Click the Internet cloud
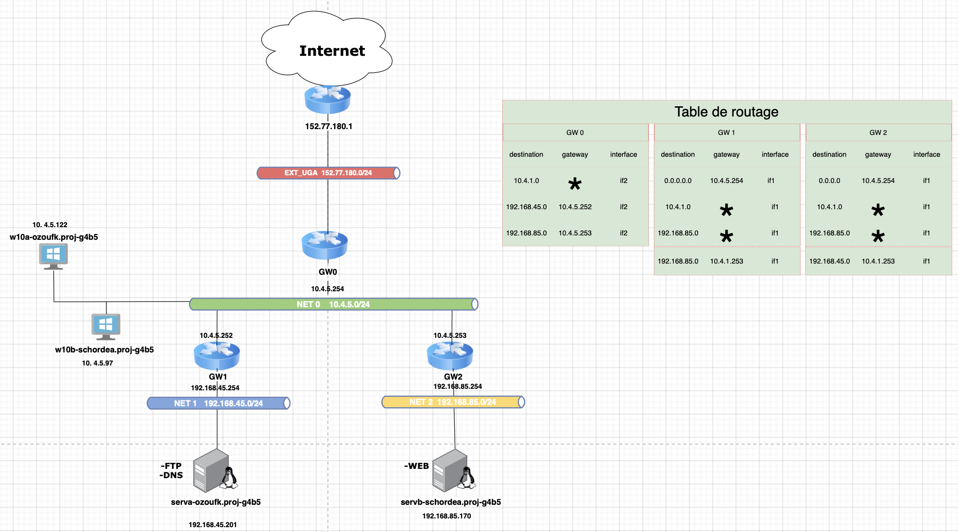click(327, 49)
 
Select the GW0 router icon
click(325, 245)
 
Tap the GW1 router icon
click(217, 356)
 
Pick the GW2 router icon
click(450, 356)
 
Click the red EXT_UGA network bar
click(328, 173)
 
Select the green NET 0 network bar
click(334, 304)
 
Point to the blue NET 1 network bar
click(219, 403)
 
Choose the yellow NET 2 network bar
click(453, 402)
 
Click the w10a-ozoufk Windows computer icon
click(53, 256)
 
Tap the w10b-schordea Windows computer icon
click(106, 327)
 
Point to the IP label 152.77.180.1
click(328, 126)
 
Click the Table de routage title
click(726, 112)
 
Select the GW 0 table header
click(575, 133)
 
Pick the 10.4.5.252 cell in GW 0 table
click(575, 207)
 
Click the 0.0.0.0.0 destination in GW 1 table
click(678, 181)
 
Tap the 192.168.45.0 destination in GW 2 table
click(829, 261)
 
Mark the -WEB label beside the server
click(416, 466)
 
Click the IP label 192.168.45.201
click(213, 525)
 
